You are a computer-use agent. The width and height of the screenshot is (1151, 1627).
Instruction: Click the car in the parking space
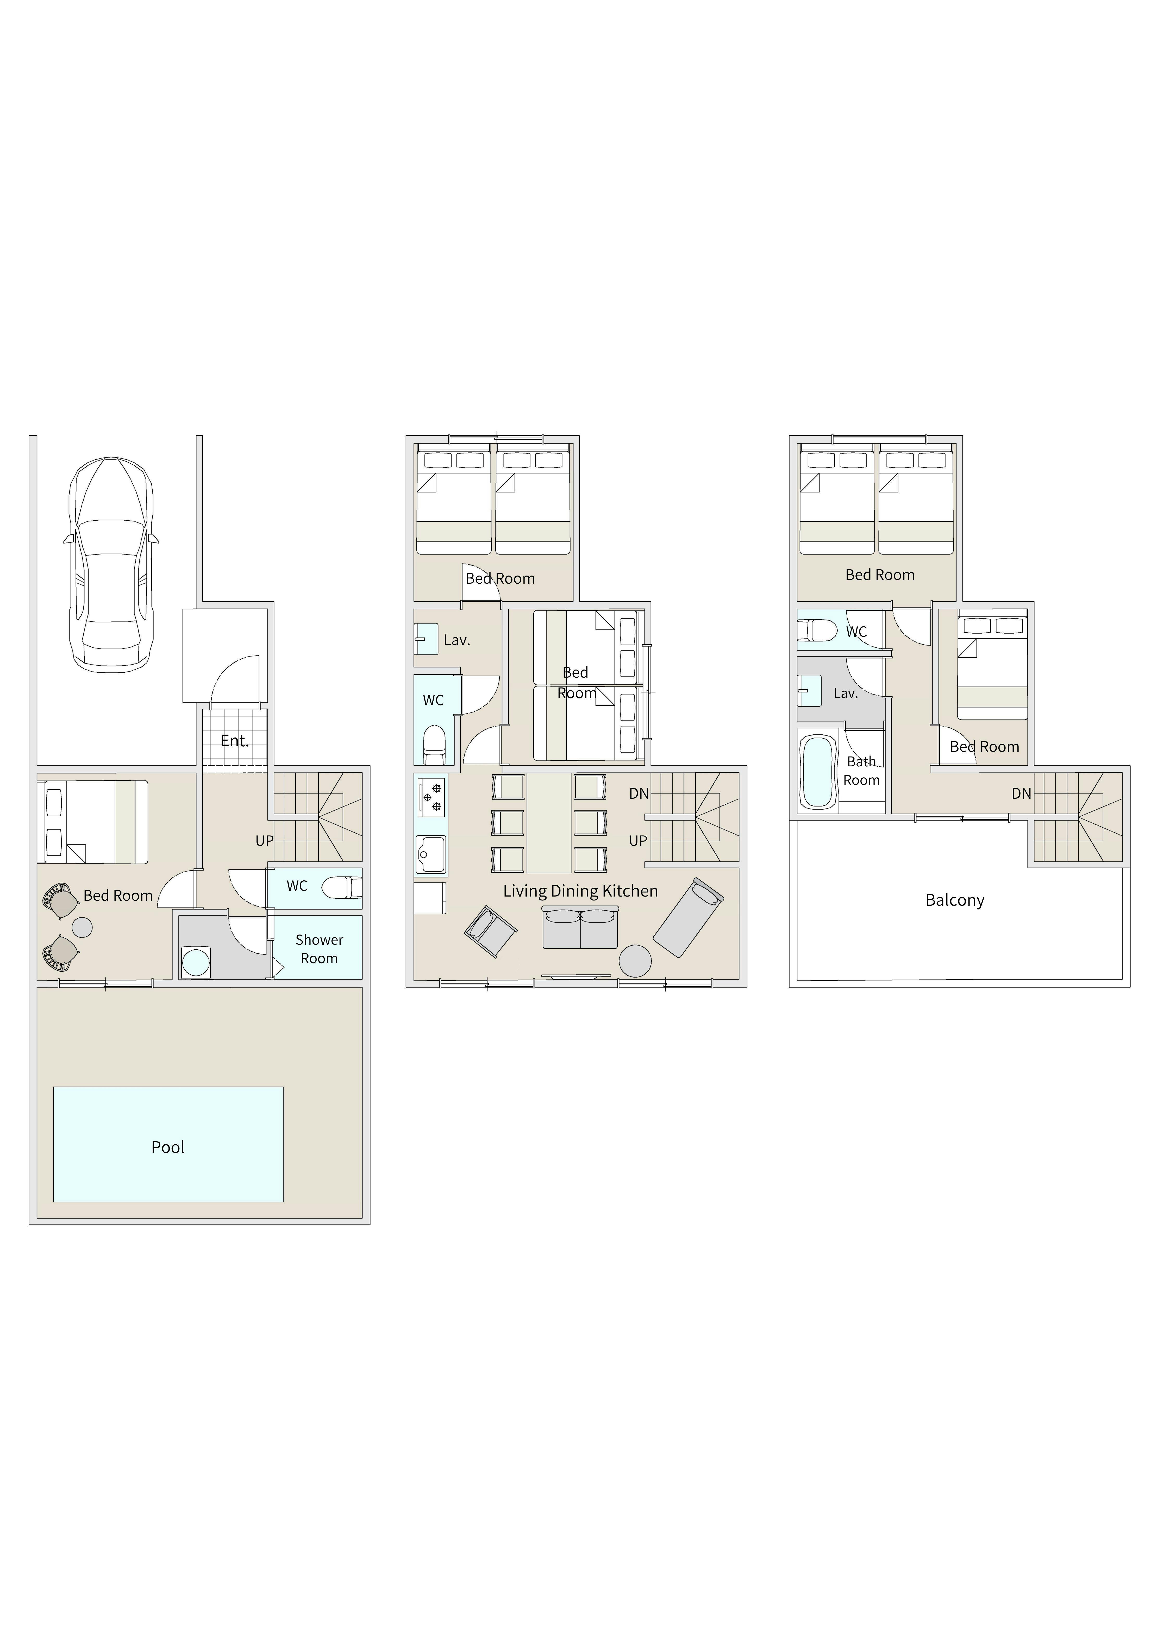111,565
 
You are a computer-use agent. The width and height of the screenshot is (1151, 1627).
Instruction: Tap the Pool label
168,1147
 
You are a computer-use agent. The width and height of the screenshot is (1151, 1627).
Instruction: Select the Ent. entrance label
235,741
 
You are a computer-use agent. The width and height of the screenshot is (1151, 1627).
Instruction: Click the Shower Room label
319,949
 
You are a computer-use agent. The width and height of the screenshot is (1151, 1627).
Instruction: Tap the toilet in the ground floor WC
342,887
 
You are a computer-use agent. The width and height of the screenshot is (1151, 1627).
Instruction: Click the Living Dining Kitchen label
580,891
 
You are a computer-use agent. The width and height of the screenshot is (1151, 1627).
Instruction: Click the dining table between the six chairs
549,823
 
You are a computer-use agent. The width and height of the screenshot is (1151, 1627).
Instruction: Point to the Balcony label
955,901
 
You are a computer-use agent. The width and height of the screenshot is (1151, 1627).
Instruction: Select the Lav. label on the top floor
846,694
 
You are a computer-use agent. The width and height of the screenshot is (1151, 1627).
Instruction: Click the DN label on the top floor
1021,794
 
